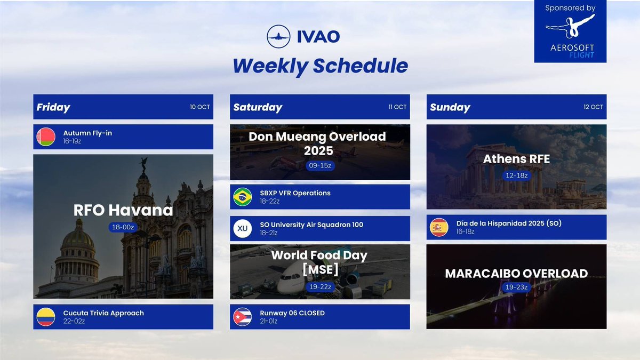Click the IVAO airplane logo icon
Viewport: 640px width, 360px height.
tap(278, 36)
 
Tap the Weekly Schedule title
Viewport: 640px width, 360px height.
tap(320, 66)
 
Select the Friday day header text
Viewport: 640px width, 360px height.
tap(53, 107)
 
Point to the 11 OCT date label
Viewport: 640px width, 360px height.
tap(397, 107)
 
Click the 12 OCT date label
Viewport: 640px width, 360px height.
tap(593, 107)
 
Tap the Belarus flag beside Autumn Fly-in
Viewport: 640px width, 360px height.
tap(46, 137)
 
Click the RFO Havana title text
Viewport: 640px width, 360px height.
tap(123, 210)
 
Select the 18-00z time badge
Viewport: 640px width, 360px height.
tap(123, 227)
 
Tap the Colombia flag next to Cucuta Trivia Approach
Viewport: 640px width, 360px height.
tap(46, 317)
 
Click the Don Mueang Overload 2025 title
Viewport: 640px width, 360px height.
tap(319, 143)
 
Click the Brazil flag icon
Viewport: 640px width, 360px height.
tap(243, 197)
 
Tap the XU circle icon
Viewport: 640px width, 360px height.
tap(243, 229)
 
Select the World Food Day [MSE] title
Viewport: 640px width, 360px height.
tap(319, 262)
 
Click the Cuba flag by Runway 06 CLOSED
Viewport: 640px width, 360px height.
tap(243, 317)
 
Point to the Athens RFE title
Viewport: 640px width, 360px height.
tap(516, 159)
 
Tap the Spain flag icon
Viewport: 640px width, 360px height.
tap(439, 227)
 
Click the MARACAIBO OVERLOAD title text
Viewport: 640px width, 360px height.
tap(516, 274)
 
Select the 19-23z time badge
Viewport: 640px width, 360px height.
tap(516, 287)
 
